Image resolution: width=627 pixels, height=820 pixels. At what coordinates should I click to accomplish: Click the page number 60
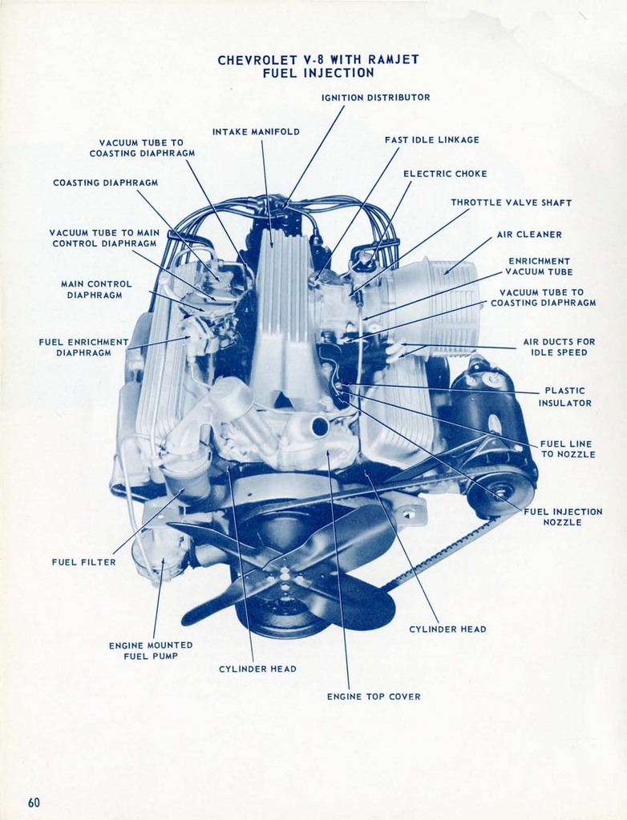pos(34,802)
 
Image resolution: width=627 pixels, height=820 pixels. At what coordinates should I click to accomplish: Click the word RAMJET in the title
pos(393,59)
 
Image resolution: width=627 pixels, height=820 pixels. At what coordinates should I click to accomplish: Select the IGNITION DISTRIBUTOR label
pos(375,98)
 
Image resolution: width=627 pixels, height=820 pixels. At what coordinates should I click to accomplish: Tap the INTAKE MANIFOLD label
pos(256,131)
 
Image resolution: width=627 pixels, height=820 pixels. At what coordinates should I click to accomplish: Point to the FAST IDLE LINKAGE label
pos(431,140)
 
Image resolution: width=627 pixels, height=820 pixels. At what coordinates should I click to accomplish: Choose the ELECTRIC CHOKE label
pos(445,174)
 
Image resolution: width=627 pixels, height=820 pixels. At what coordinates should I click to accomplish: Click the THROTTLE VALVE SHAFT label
pos(511,203)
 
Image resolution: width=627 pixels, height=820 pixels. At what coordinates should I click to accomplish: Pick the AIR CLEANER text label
pos(529,235)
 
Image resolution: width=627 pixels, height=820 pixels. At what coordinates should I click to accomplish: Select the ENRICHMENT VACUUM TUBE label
pos(539,267)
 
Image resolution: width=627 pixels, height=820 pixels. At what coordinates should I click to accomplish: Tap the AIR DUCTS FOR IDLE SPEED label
pos(559,347)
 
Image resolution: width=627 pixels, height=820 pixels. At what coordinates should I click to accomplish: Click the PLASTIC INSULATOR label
pos(564,397)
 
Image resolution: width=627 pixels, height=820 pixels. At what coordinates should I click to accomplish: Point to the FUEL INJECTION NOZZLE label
pos(563,517)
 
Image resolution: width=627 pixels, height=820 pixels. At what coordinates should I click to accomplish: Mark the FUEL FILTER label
pos(83,562)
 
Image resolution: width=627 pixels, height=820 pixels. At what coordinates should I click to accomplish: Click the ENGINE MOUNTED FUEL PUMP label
pos(151,650)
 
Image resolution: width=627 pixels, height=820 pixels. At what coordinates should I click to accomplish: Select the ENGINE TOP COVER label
pos(374,697)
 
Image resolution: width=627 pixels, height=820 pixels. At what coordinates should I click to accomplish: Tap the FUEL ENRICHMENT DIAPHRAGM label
pos(83,347)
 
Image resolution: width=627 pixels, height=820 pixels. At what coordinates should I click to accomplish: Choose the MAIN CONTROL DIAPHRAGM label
pos(96,289)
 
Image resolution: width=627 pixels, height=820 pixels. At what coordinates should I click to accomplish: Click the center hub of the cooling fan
pos(284,572)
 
